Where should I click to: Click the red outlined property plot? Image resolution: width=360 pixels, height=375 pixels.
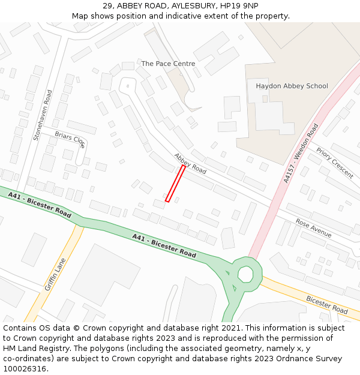pyautogui.click(x=175, y=184)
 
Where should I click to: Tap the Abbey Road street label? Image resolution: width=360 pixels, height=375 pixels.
pyautogui.click(x=190, y=163)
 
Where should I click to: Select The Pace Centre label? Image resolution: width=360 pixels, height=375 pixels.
pyautogui.click(x=168, y=64)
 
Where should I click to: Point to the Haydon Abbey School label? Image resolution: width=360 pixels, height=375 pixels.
pyautogui.click(x=292, y=86)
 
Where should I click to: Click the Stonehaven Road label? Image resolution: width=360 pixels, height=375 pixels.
pyautogui.click(x=43, y=115)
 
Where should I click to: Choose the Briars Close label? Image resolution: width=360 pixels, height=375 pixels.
pyautogui.click(x=70, y=139)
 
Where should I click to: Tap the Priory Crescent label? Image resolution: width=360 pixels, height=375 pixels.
pyautogui.click(x=334, y=163)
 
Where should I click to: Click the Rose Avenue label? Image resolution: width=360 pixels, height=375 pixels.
pyautogui.click(x=313, y=227)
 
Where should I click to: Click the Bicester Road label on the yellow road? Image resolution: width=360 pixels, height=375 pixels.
pyautogui.click(x=327, y=305)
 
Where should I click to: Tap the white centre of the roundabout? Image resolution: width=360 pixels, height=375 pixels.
pyautogui.click(x=245, y=274)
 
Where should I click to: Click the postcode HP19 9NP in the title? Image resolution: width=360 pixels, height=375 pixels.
pyautogui.click(x=239, y=6)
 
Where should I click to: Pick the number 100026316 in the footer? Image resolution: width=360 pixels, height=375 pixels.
pyautogui.click(x=25, y=368)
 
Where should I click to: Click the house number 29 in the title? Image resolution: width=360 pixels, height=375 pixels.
pyautogui.click(x=107, y=6)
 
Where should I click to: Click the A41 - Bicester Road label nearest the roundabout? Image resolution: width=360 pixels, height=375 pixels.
pyautogui.click(x=164, y=245)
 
